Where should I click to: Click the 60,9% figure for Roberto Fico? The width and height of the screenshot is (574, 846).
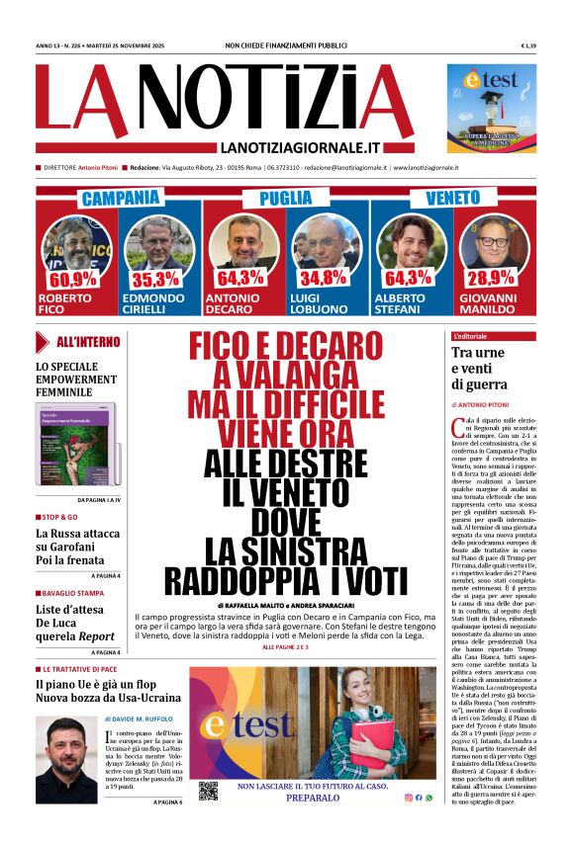[x=71, y=279]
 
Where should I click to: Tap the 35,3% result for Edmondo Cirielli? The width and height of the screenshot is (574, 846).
[x=155, y=279]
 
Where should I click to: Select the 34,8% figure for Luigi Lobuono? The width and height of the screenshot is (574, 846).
[x=324, y=279]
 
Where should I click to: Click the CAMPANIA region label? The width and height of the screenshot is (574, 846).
[x=121, y=199]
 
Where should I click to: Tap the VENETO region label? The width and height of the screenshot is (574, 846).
[x=452, y=199]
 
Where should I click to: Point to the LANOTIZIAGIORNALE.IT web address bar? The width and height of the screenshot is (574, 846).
[x=287, y=147]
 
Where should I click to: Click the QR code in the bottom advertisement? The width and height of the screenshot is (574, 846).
[x=208, y=791]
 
